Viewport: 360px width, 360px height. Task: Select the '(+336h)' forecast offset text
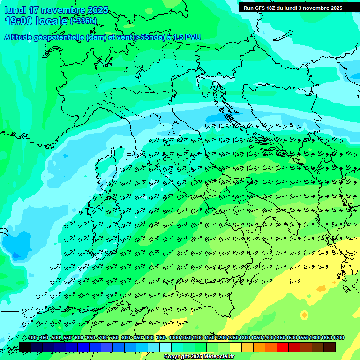tap(83, 21)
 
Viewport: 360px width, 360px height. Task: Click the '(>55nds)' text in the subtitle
tap(148, 37)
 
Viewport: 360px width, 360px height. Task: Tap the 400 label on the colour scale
tap(32, 337)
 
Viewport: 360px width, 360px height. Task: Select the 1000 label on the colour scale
tap(174, 337)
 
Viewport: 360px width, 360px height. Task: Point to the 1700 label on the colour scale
tap(338, 337)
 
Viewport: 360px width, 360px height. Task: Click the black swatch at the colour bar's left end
tap(25, 347)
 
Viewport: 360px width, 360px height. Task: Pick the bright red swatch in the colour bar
tap(282, 347)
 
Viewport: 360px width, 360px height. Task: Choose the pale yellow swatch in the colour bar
tap(235, 347)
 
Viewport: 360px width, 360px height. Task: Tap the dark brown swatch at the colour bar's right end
tap(329, 347)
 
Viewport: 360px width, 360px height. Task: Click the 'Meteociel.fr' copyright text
tap(216, 357)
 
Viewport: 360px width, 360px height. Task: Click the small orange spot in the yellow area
tap(321, 288)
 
